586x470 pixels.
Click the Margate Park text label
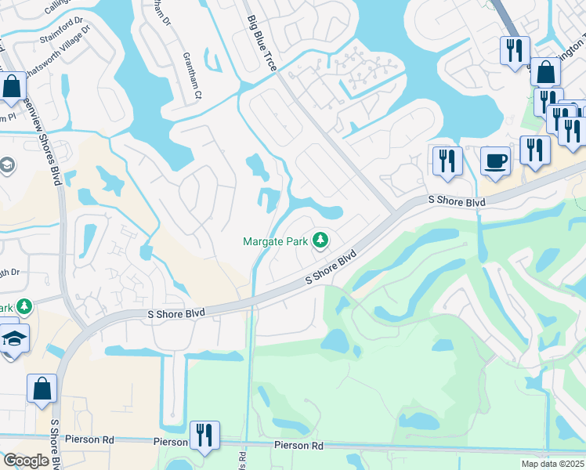275,241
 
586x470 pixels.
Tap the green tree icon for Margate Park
320,240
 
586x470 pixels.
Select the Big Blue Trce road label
262,44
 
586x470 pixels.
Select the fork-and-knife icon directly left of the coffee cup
447,161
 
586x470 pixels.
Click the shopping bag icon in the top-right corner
545,72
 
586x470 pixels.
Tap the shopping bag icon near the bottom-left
42,389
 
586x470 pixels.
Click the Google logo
26,461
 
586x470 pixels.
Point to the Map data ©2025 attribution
552,464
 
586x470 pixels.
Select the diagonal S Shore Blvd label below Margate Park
331,267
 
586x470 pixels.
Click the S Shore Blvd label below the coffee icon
458,201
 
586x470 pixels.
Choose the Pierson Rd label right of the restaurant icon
298,446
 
